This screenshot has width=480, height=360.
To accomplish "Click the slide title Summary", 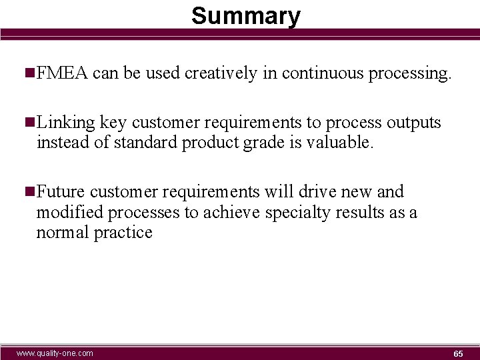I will point(245,15).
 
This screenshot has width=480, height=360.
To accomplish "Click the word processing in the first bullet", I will point(410,74).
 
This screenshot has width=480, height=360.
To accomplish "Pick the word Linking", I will point(66,123).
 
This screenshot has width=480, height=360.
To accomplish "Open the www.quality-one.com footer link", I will point(55,353).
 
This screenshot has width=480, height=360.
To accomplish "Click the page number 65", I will point(458,353).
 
